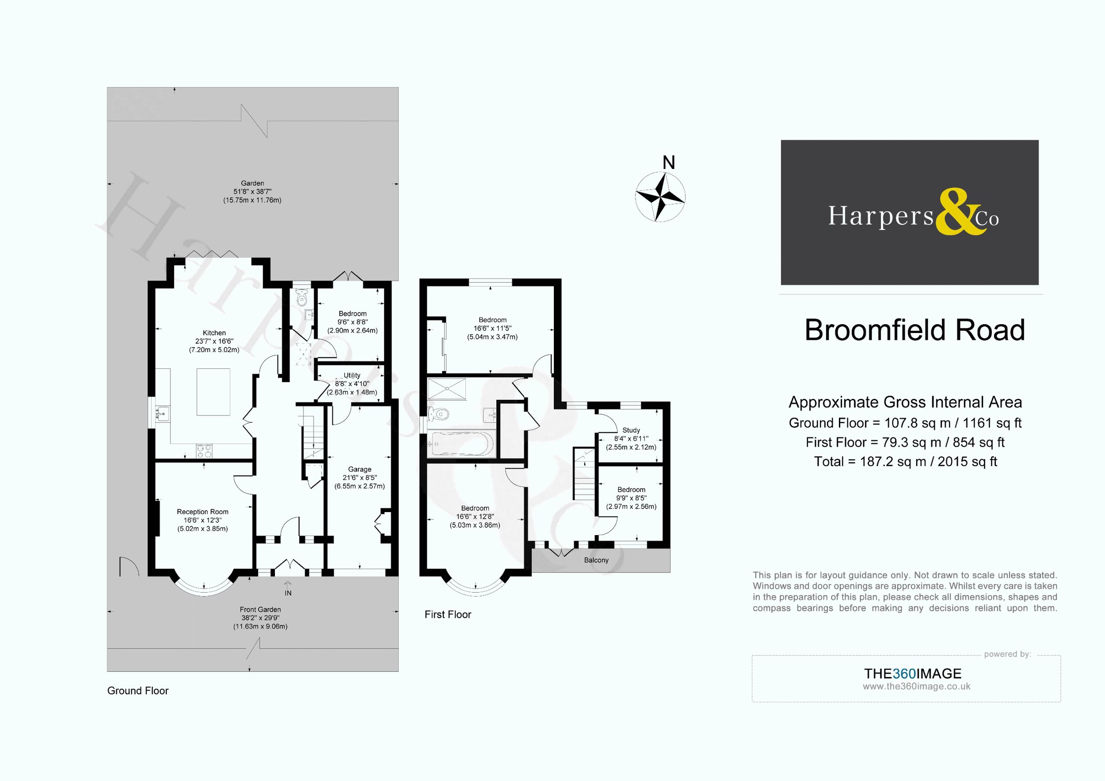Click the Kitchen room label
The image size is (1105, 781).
point(214,333)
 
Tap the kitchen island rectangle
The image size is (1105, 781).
point(213,392)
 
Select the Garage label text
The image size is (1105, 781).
point(360,469)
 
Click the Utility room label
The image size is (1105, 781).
point(352,375)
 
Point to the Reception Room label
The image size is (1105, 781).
point(202,512)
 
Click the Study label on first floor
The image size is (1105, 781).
point(631,430)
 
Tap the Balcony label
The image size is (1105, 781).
point(596,560)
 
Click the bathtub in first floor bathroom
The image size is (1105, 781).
point(461,443)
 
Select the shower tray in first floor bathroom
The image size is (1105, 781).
point(447,389)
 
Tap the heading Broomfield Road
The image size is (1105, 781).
point(914,330)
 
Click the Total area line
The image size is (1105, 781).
point(905,462)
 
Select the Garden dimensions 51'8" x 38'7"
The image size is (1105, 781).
point(252,192)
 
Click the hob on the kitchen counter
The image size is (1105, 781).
point(204,451)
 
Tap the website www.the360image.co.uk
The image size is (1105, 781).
point(916,687)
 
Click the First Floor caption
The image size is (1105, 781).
point(448,614)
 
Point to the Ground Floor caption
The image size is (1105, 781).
point(138,691)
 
